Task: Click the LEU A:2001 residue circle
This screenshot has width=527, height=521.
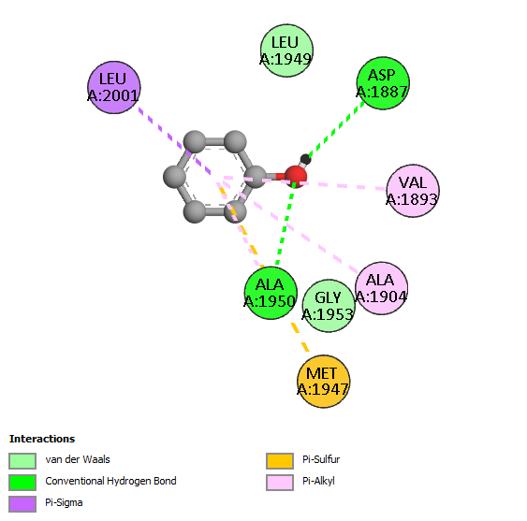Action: pos(114,87)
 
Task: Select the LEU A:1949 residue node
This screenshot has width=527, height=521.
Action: pos(286,51)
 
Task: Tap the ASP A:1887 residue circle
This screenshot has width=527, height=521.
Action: pos(383,83)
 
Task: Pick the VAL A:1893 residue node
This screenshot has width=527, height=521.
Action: pos(413,191)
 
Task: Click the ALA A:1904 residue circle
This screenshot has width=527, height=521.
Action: pos(382,288)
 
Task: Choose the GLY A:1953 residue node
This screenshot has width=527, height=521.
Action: pos(329,306)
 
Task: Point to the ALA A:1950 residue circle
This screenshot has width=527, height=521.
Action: pos(271,293)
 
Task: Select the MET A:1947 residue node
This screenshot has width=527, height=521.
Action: pos(323,382)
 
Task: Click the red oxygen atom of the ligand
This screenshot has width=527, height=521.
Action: pos(296,177)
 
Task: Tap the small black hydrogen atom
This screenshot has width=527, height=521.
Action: pos(305,159)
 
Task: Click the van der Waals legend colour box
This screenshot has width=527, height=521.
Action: pos(22,460)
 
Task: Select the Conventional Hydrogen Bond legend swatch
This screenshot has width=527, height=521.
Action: pos(22,483)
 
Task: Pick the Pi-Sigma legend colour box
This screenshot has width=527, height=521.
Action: pos(22,504)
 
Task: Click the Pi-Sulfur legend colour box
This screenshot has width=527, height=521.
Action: pos(280,460)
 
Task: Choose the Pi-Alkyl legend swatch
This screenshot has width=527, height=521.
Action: pos(280,483)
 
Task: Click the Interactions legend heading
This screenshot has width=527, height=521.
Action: pos(42,439)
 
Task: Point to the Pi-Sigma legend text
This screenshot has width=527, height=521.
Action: pos(64,503)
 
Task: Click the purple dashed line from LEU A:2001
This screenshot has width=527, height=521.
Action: pos(174,141)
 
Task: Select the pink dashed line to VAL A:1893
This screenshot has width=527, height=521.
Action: pos(340,185)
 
